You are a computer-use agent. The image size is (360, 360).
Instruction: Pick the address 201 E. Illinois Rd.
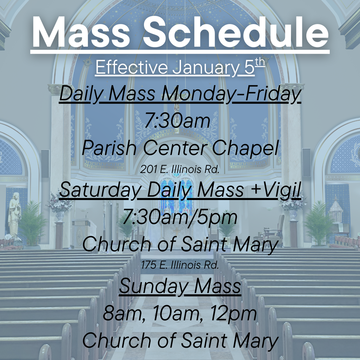tap(180, 170)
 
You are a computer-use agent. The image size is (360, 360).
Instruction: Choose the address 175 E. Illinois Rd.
tap(180, 265)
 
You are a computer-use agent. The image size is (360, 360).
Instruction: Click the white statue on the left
tap(14, 213)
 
